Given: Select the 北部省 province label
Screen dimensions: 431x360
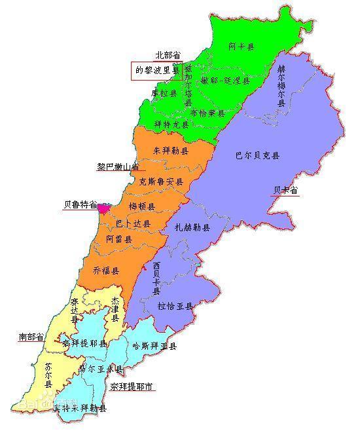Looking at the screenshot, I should [x=168, y=56].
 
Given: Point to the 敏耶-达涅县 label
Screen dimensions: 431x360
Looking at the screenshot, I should [x=225, y=81].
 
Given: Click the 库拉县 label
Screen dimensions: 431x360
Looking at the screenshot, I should [x=164, y=93].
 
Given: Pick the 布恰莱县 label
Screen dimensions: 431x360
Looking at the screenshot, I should [x=207, y=113].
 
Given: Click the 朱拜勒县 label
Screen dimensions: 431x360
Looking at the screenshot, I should [x=170, y=151].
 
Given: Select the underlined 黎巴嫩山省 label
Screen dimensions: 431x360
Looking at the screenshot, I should [x=119, y=166].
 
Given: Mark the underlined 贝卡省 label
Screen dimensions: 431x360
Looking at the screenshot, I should [x=285, y=191].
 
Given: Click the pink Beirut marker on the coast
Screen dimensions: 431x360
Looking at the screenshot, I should [x=103, y=208].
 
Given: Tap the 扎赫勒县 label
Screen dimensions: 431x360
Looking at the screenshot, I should [x=192, y=227].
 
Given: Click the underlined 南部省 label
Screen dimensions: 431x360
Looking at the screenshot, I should [x=31, y=337].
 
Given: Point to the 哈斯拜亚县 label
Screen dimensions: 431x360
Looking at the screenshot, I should [x=154, y=346].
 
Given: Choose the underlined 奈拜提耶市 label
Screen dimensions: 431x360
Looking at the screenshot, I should [x=132, y=387].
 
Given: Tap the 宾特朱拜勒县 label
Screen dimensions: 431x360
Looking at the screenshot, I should [x=80, y=408].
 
